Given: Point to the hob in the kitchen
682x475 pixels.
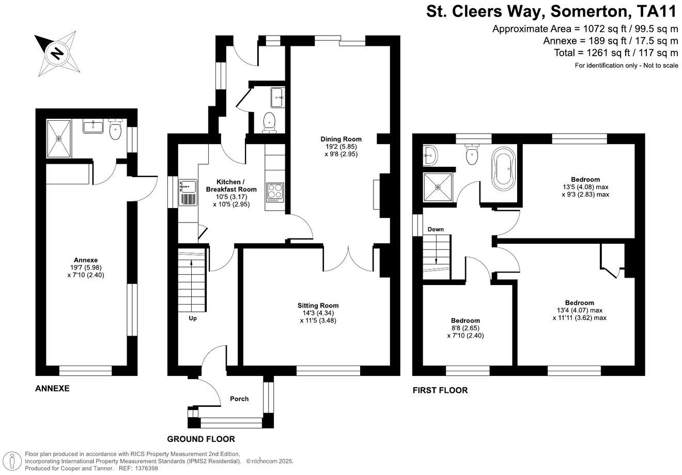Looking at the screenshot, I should pyautogui.click(x=275, y=192).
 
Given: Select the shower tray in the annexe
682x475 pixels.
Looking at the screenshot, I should pyautogui.click(x=59, y=138).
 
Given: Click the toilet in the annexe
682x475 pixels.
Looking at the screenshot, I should pyautogui.click(x=115, y=130).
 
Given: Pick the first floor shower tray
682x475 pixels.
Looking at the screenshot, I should pyautogui.click(x=438, y=187).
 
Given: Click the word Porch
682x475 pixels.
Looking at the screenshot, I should pyautogui.click(x=239, y=399).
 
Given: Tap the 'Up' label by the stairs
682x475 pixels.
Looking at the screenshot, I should pyautogui.click(x=192, y=318).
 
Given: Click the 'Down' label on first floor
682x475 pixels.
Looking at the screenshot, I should pyautogui.click(x=435, y=229).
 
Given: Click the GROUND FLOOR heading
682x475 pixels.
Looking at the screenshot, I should pyautogui.click(x=201, y=439).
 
